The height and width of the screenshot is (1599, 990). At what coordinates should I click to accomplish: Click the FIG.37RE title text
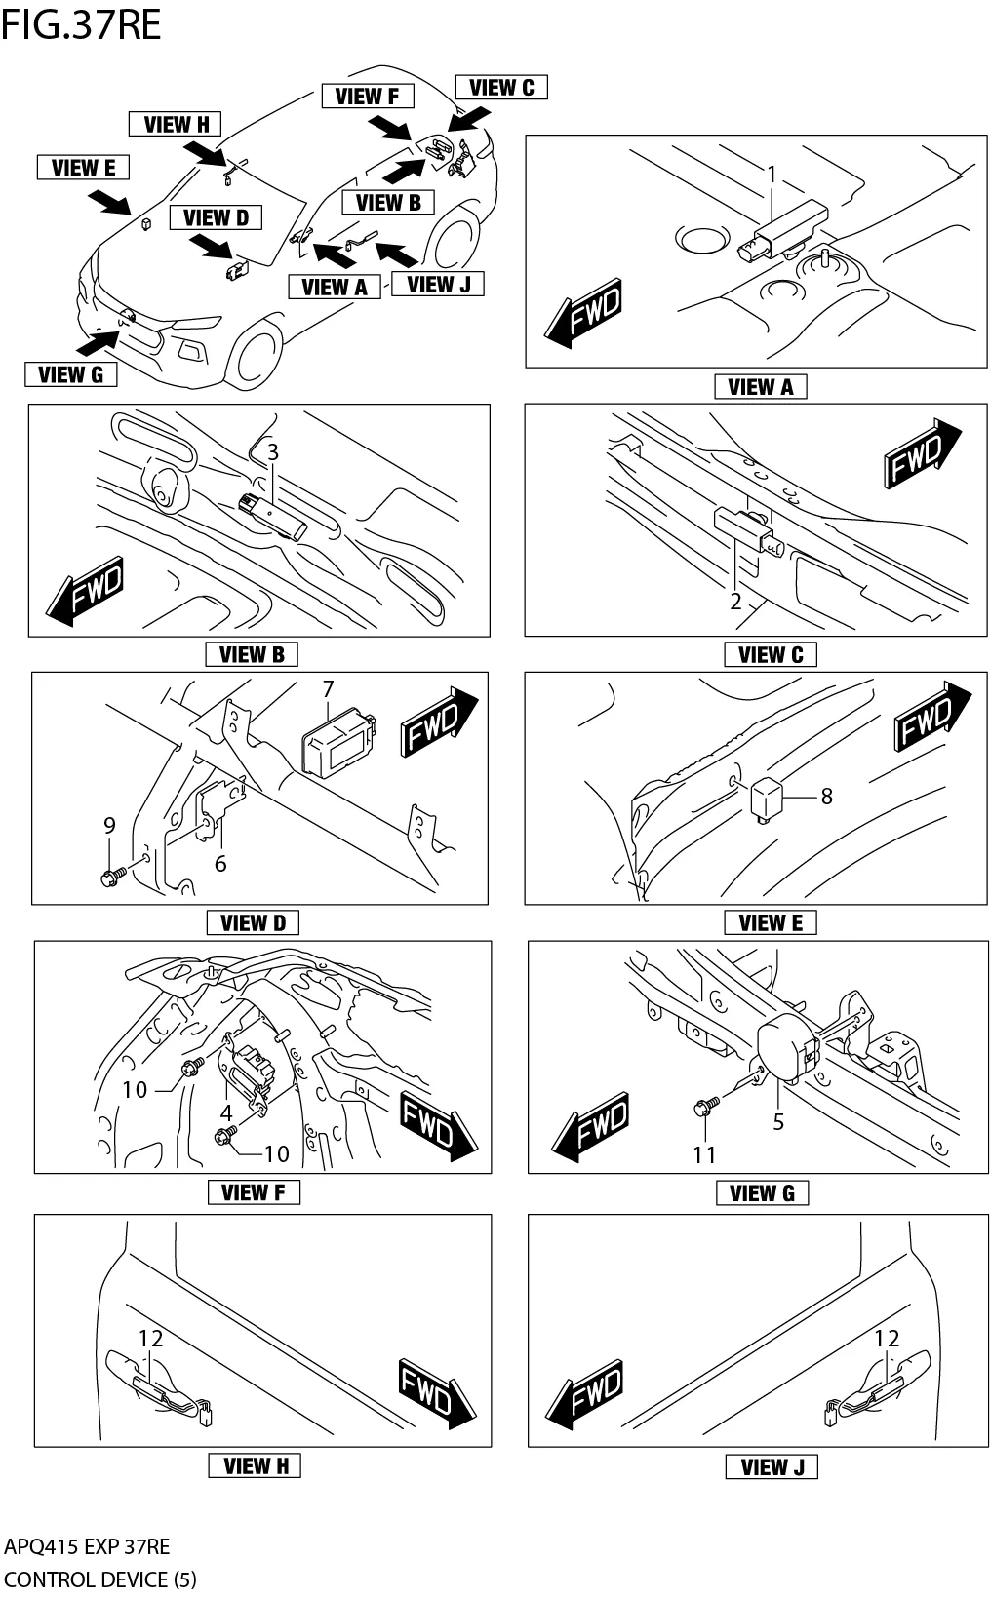click(x=81, y=24)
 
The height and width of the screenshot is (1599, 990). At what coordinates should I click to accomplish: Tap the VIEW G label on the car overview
click(x=70, y=374)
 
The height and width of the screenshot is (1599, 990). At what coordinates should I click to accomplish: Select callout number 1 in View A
click(x=771, y=175)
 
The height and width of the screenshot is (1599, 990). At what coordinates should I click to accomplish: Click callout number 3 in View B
click(x=273, y=452)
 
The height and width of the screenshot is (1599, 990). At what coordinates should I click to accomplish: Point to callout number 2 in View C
click(x=736, y=602)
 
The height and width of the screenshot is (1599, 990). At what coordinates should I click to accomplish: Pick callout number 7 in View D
click(x=329, y=689)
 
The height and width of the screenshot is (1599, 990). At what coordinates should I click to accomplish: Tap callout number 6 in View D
click(x=220, y=863)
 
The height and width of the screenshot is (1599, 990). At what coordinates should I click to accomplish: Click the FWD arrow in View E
click(x=931, y=718)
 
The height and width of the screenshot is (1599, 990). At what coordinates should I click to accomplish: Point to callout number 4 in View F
click(x=226, y=1112)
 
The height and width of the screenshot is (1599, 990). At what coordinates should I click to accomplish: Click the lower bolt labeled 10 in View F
click(x=225, y=1135)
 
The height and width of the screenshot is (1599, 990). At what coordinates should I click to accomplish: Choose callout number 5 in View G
click(x=778, y=1121)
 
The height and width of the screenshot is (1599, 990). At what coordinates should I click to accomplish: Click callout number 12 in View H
click(x=150, y=1339)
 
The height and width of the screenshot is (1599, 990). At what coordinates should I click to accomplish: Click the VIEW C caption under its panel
click(x=771, y=654)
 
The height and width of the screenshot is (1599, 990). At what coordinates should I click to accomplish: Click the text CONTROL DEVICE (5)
click(x=99, y=1579)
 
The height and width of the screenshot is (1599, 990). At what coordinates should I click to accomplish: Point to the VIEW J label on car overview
click(x=438, y=284)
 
